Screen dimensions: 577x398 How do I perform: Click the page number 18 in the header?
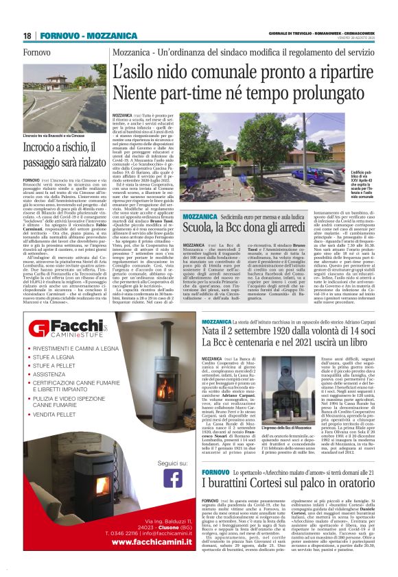pos(28,36)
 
